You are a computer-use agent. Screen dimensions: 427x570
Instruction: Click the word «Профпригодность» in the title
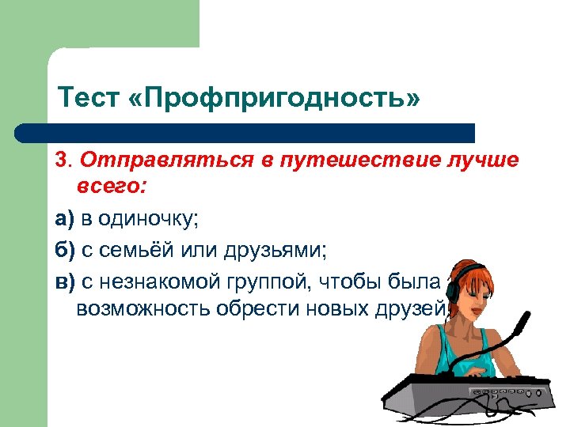click(270, 100)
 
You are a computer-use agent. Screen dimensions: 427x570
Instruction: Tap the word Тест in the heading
click(86, 100)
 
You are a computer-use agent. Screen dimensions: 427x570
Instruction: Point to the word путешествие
click(348, 161)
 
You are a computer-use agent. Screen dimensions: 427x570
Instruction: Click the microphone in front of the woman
click(519, 323)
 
